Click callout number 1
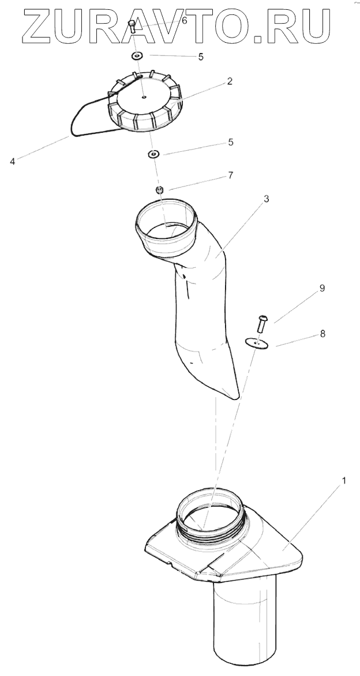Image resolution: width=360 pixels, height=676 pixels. (344, 480)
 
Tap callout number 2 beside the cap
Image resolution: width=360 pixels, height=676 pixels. (230, 82)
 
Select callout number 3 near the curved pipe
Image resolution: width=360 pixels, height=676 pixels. (266, 199)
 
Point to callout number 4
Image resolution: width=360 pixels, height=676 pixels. (13, 162)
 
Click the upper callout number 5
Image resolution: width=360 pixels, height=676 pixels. (200, 57)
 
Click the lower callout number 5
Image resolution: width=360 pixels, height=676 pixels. (231, 141)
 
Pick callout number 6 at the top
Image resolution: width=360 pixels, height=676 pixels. (184, 20)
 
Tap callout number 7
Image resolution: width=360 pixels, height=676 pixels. (231, 175)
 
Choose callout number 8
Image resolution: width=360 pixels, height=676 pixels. (322, 333)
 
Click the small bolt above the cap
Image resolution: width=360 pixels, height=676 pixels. (132, 27)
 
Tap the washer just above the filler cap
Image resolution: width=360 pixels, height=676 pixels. (137, 57)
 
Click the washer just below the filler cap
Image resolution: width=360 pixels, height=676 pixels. (154, 154)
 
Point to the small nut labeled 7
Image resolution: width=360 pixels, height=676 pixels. (161, 190)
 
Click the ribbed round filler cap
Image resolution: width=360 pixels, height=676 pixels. (144, 102)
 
